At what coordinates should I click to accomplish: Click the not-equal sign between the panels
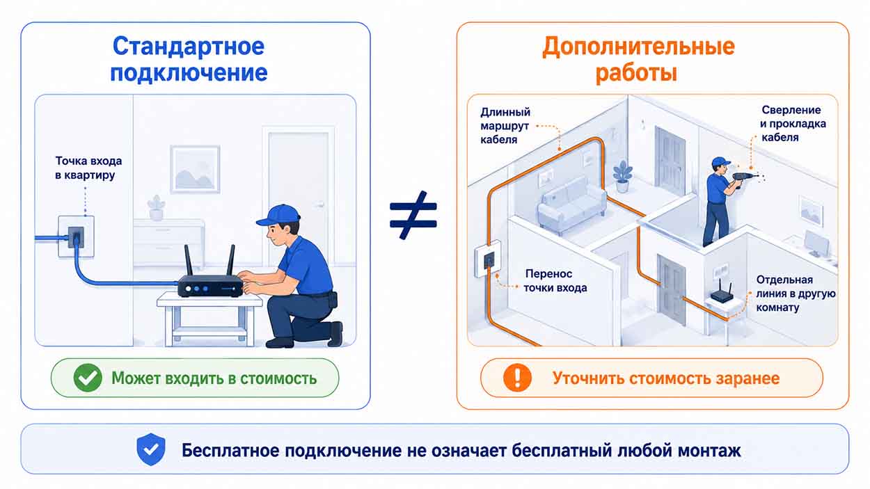413,215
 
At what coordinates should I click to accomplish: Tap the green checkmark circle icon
88,378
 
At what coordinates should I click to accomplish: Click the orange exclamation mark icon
517,378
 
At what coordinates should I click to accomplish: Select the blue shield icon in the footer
151,449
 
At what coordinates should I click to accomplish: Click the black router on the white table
210,279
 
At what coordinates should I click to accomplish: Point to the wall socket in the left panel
76,237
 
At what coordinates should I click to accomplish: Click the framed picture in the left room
196,169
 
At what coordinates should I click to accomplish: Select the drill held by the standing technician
744,179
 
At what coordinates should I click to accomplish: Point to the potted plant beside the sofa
622,177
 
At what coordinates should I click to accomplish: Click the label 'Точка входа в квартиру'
88,168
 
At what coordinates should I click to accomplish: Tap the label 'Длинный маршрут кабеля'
505,126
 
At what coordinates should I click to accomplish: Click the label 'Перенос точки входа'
555,280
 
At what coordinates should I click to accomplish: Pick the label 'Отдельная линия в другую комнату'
796,294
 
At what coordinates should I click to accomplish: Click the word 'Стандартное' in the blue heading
189,46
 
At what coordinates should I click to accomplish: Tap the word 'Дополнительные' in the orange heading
638,47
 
